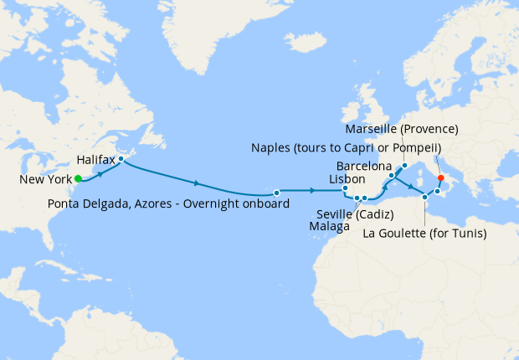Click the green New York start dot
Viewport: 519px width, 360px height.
click(x=78, y=178)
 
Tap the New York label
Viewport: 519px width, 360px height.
click(x=44, y=179)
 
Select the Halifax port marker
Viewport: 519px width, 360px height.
click(x=121, y=158)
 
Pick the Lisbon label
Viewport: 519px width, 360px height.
click(x=347, y=179)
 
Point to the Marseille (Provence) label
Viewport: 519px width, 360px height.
click(x=402, y=129)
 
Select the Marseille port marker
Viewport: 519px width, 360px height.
click(x=403, y=165)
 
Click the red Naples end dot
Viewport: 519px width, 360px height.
click(x=440, y=177)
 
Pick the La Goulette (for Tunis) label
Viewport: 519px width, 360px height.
click(x=424, y=234)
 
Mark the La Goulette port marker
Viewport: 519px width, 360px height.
click(x=426, y=197)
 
